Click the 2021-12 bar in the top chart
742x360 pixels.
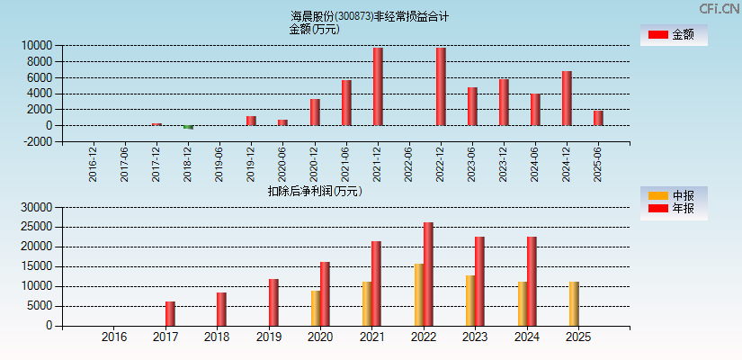point(378,86)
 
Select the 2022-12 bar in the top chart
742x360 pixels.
point(441,86)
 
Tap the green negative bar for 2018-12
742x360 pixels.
point(188,127)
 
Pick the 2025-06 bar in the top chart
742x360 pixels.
point(598,118)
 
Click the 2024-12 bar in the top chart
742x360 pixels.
point(567,98)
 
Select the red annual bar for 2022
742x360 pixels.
point(428,274)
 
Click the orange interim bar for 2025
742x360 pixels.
point(574,303)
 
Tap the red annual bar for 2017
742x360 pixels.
point(170,313)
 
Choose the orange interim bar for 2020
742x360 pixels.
point(316,308)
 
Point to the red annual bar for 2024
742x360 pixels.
point(532,281)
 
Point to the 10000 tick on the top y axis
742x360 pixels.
point(36,45)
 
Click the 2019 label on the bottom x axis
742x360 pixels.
point(268,337)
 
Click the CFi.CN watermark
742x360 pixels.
point(719,8)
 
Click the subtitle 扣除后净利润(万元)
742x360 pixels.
point(315,191)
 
